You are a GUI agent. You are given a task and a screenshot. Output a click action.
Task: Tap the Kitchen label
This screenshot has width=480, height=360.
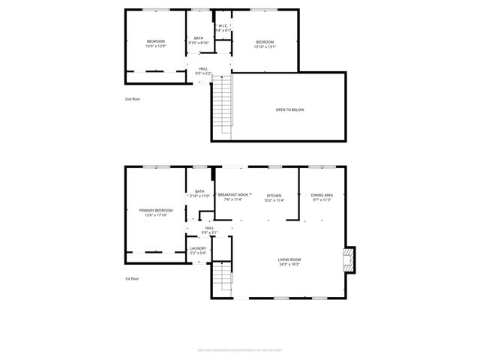274,198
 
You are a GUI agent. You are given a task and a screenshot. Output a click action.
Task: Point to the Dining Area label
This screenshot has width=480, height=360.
322,198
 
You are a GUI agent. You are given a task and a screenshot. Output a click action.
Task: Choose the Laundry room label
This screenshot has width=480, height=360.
198,250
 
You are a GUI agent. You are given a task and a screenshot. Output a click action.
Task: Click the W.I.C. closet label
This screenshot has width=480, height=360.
223,28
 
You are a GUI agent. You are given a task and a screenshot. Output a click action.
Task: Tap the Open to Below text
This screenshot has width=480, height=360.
289,109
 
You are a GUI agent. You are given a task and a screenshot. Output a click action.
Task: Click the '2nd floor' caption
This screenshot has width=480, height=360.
133,99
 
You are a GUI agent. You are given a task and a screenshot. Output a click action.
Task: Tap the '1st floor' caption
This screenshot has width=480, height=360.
133,279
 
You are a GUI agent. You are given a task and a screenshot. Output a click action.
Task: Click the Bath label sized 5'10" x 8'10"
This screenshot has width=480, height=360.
199,40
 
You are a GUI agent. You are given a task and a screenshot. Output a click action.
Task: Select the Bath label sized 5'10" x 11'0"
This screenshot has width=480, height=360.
199,193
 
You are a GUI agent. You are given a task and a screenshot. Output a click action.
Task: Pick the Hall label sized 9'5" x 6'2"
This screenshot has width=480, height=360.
203,71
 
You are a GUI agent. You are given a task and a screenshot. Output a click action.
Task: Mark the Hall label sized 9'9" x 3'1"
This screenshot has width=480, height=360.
209,229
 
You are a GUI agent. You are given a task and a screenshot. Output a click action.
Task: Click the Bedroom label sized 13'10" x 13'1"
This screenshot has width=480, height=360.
265,44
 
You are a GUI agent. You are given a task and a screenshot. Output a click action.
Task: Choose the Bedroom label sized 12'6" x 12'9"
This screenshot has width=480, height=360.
155,44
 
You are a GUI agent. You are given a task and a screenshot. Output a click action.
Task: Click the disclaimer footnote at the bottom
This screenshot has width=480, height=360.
240,349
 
